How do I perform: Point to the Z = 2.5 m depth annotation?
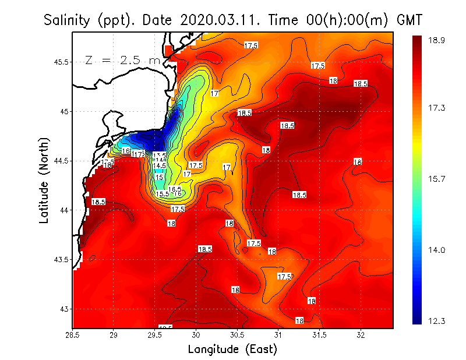point(122,60)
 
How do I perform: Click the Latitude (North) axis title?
point(45,181)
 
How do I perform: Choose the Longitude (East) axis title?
point(232,349)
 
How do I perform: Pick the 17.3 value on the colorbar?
point(436,108)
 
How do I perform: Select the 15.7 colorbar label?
point(436,179)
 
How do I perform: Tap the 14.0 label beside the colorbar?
point(436,250)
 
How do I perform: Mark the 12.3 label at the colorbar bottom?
point(436,321)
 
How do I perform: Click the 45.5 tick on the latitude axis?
point(61,62)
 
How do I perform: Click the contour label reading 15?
point(159,177)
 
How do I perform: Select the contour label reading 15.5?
point(163,194)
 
